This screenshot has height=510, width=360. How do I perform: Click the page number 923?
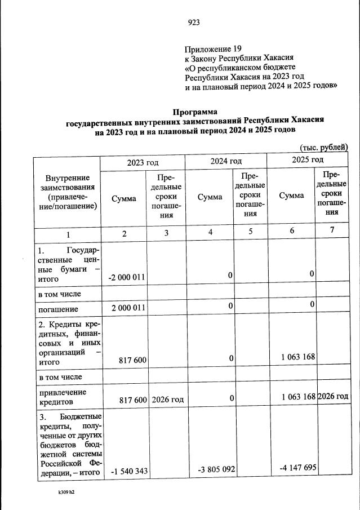[193, 23]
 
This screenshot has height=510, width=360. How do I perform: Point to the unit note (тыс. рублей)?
[324, 147]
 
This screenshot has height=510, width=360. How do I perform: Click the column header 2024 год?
[226, 161]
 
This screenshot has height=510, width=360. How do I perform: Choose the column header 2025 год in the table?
[308, 160]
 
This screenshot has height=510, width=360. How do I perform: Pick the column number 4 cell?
[210, 233]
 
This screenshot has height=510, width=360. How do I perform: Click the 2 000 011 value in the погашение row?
[127, 308]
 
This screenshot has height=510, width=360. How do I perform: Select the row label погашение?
[58, 309]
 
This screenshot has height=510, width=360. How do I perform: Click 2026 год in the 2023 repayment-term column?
[167, 399]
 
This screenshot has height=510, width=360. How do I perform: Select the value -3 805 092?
[212, 469]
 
